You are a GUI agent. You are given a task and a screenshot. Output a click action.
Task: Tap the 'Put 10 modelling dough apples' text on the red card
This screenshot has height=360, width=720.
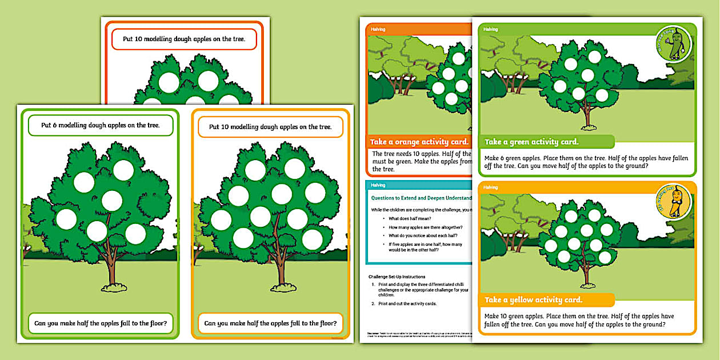[184, 39]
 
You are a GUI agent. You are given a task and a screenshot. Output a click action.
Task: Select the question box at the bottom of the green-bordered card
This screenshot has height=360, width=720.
[100, 323]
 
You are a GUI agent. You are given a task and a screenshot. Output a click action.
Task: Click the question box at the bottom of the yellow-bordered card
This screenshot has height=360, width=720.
[270, 323]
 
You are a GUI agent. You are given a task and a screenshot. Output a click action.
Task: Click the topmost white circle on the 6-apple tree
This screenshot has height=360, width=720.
[123, 170]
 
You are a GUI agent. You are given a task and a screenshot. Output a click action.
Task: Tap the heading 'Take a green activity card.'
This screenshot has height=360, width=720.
[531, 142]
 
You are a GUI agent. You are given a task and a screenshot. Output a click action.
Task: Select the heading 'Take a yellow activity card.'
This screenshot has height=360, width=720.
[533, 300]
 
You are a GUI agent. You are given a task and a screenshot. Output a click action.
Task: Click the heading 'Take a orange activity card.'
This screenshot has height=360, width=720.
[419, 142]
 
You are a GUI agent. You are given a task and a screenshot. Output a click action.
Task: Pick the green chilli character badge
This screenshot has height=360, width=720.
[673, 43]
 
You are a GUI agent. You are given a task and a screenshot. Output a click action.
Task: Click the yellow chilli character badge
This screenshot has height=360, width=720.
[673, 202]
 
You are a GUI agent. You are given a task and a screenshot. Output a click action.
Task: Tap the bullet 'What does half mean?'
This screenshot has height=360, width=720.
[410, 218]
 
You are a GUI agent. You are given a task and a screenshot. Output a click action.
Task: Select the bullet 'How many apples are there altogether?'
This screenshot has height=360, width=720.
[426, 227]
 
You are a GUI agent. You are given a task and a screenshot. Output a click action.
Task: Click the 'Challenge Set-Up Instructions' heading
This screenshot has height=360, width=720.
[398, 277]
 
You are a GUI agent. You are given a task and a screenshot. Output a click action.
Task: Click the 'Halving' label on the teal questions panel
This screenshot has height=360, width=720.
[378, 185]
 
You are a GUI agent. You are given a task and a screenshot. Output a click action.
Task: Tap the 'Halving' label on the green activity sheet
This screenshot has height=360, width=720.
[490, 29]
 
